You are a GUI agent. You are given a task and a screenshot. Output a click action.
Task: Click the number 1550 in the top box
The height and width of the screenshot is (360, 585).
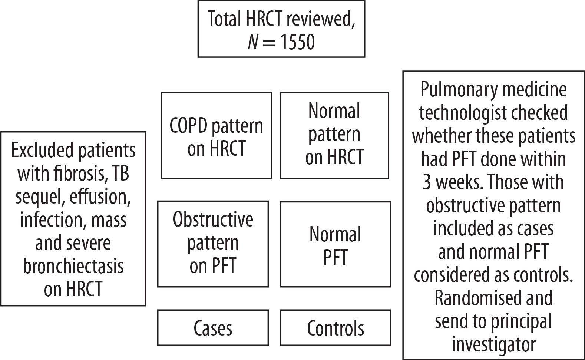(x=298, y=42)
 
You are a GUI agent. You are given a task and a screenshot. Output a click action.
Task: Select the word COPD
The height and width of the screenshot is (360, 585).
(x=188, y=126)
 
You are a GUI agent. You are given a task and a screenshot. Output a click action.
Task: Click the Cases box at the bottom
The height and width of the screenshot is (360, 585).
(x=213, y=328)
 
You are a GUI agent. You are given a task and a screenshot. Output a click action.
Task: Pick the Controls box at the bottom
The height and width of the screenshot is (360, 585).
(x=336, y=328)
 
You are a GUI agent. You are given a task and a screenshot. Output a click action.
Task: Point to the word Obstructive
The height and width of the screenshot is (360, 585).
(x=213, y=219)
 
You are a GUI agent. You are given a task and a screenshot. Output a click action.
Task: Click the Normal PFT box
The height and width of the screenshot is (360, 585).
(x=336, y=244)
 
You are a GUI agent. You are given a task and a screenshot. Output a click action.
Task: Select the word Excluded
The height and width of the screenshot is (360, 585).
(x=43, y=150)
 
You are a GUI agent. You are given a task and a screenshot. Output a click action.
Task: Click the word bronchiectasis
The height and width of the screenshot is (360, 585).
(x=73, y=266)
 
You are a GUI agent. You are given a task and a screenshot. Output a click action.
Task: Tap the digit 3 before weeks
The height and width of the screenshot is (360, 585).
(x=426, y=182)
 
